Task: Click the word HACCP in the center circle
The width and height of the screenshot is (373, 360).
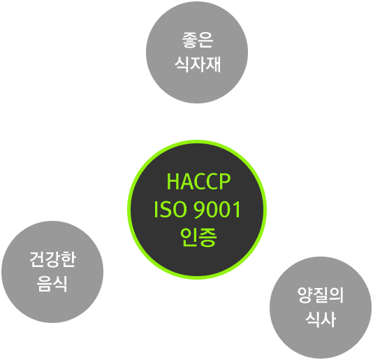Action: (x=198, y=182)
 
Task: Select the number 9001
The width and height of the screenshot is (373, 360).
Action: (x=217, y=210)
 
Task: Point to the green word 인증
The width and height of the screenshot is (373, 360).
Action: (x=198, y=237)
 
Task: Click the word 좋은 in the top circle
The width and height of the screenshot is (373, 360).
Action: (x=198, y=40)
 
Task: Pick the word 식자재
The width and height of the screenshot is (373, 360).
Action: (x=198, y=64)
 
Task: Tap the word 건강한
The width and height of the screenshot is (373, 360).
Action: (x=52, y=259)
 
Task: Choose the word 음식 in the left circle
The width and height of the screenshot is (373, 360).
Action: (x=52, y=284)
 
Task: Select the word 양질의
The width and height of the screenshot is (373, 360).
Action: (x=321, y=295)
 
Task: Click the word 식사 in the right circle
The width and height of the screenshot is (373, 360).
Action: (x=321, y=319)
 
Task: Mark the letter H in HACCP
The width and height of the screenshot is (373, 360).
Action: (x=173, y=182)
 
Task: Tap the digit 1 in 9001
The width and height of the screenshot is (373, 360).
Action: (x=237, y=210)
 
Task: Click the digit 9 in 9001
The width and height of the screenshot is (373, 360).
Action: (x=199, y=210)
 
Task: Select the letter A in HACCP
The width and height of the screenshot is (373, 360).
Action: (x=186, y=182)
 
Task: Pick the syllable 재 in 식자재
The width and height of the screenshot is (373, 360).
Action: (x=213, y=64)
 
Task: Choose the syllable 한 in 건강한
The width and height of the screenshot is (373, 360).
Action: (x=68, y=259)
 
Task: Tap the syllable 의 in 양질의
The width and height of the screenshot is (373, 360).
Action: (x=337, y=295)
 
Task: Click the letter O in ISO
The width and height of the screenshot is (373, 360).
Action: (x=179, y=210)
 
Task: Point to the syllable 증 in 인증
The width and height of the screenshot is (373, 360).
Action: (x=208, y=238)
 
